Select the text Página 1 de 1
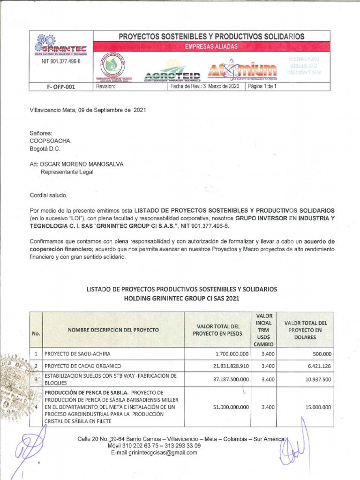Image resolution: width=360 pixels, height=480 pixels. pyautogui.click(x=262, y=87)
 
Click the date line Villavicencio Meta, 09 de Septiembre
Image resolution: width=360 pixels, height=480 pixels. pyautogui.click(x=88, y=110)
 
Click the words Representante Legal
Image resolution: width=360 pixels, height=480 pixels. pyautogui.click(x=67, y=172)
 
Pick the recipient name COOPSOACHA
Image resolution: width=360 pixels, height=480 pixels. pyautogui.click(x=51, y=141)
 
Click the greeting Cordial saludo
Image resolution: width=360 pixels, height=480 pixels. pyautogui.click(x=49, y=195)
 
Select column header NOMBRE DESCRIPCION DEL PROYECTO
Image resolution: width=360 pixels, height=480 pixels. pyautogui.click(x=113, y=330)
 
